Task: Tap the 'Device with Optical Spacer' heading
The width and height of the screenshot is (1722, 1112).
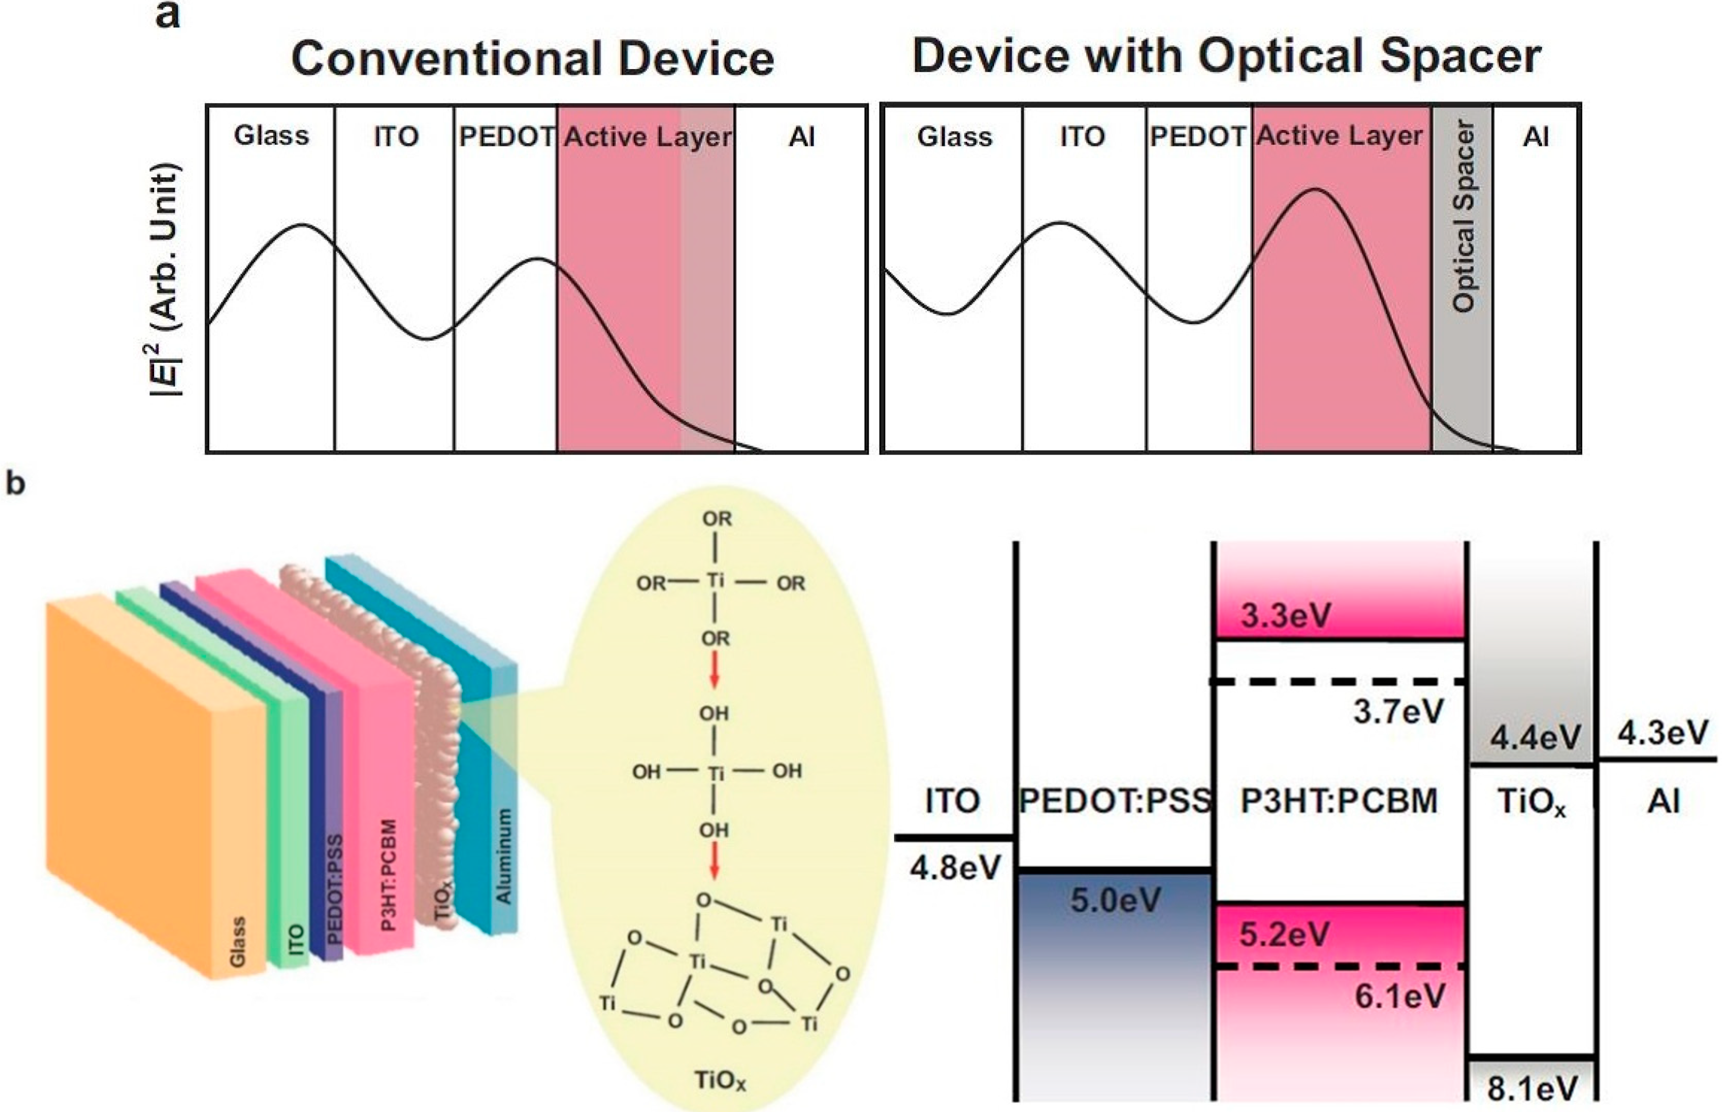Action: coord(1226,56)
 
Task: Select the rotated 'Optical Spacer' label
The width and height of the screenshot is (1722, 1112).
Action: coord(1463,216)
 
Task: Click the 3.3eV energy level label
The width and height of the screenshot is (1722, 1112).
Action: coord(1286,616)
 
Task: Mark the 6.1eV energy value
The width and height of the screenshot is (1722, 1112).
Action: coord(1400,997)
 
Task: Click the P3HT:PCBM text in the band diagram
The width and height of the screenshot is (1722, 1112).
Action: coord(1339,801)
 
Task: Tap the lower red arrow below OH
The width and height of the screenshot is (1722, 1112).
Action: coord(715,862)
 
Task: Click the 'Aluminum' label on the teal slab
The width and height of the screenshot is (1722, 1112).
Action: coord(504,856)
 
